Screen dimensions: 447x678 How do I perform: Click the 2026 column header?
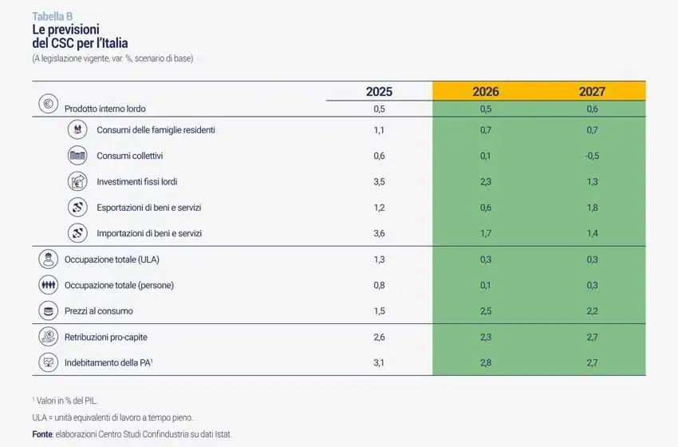tap(486, 91)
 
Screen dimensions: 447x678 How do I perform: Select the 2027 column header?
tap(592, 91)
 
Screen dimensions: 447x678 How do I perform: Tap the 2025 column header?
tap(379, 91)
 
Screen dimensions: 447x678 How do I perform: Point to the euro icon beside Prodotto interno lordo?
tap(48, 104)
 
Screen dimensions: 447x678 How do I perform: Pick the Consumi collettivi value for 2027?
tap(592, 156)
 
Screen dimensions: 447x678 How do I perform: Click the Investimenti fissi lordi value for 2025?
tap(379, 182)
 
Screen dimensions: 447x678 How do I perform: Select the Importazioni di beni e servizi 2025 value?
tap(379, 234)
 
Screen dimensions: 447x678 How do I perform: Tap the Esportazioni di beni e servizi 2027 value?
tap(592, 208)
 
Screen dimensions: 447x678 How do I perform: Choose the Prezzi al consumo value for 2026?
tap(486, 311)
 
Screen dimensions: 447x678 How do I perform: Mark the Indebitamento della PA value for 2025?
tap(379, 363)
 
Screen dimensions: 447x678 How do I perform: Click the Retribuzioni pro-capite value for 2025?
tap(379, 338)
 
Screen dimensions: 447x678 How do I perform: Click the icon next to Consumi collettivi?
tap(77, 156)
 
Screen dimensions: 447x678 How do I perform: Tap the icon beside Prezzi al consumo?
tap(48, 311)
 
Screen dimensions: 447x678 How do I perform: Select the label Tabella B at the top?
tap(53, 16)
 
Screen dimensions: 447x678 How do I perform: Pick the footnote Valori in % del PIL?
tap(69, 400)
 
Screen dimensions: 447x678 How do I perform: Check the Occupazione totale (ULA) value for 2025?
tap(379, 259)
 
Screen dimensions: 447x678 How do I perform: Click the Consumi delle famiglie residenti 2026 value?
tap(486, 130)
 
